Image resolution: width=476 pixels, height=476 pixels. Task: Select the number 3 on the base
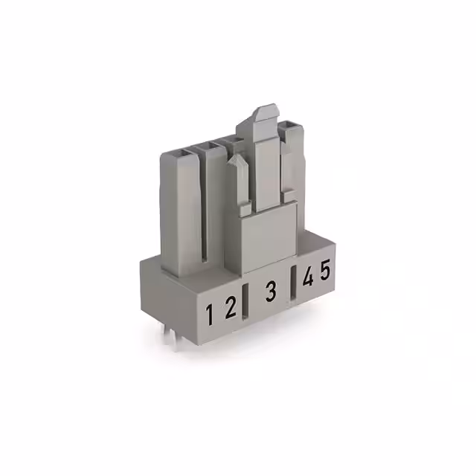click(271, 291)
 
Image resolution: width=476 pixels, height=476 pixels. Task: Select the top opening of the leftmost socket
click(181, 153)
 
